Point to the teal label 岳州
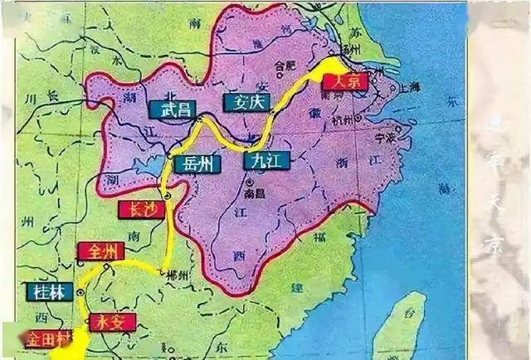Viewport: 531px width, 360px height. [x=197, y=163]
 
